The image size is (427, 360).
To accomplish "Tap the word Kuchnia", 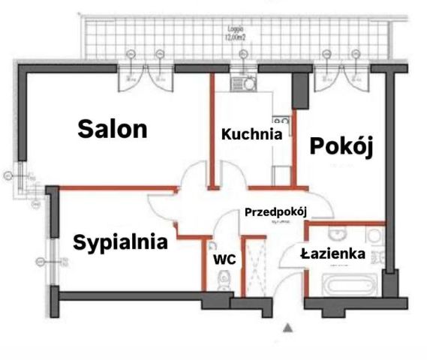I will coord(251,135).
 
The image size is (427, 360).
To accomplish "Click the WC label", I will coord(225,259).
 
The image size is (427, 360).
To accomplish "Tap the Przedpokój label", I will coord(278,212).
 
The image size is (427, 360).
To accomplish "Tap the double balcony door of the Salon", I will coord(146,77).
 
